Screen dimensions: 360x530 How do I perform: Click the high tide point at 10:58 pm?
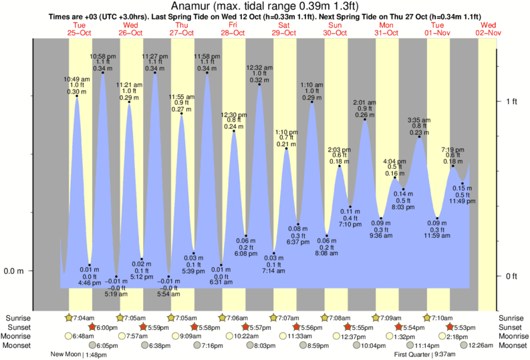pos(102,72)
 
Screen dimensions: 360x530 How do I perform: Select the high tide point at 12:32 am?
pos(259,84)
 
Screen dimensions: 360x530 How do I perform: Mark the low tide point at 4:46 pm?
pos(90,265)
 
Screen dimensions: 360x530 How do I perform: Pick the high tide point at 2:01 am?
pos(364,119)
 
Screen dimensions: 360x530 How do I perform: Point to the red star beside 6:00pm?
pos(92,327)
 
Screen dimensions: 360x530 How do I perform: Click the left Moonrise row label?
pos(19,337)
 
